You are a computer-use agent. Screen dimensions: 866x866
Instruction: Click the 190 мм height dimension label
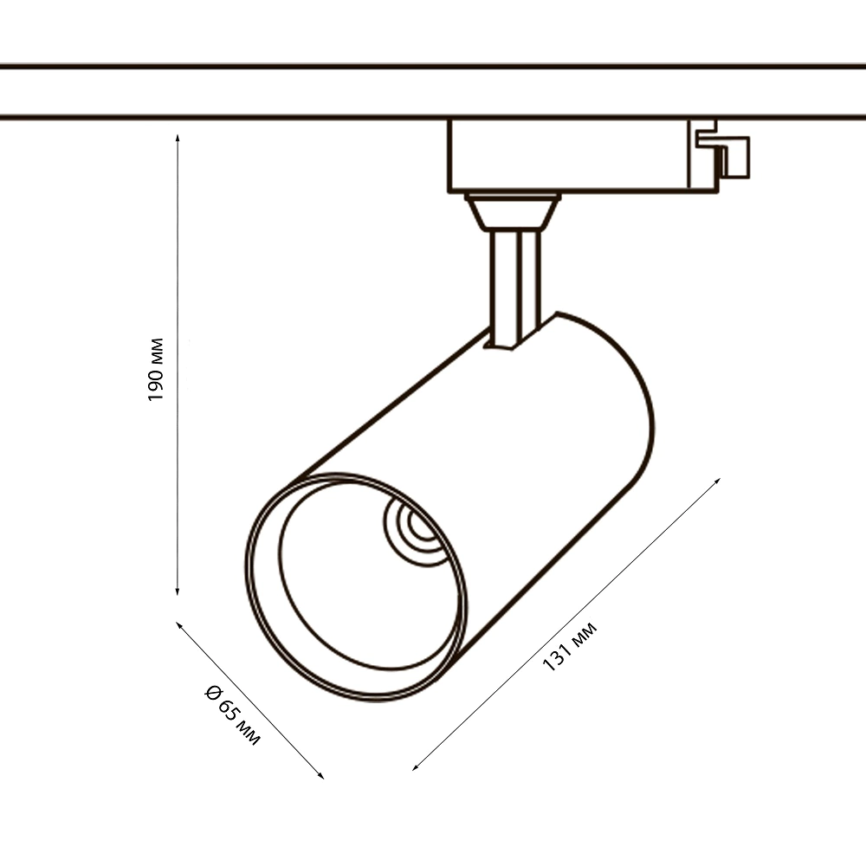[155, 369]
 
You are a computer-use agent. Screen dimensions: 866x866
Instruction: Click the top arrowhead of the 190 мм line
[178, 138]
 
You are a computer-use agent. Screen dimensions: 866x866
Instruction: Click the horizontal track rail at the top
[260, 91]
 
